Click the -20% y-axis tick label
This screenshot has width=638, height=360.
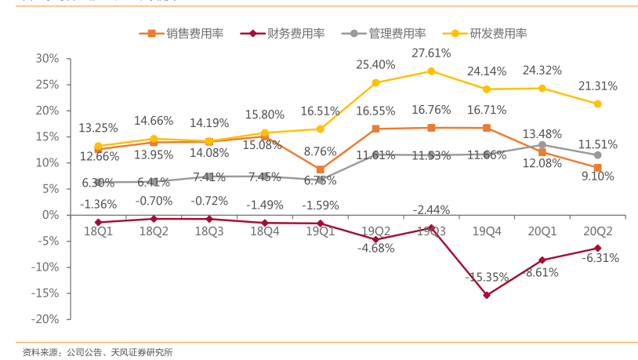coord(45,319)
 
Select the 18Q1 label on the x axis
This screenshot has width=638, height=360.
coord(98,231)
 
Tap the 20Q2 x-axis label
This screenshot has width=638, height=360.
coord(597,231)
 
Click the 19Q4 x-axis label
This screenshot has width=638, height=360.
coord(487,231)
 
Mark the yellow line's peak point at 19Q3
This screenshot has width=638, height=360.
coord(431,71)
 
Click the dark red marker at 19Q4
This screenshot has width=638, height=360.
coord(487,295)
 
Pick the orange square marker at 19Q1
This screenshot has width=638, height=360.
coord(320,169)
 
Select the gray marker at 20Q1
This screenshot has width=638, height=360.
coord(542,144)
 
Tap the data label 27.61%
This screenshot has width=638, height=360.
coord(431,53)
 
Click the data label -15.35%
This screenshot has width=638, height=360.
coord(487,277)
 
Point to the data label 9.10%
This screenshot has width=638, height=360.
coord(598,176)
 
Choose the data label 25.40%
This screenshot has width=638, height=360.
coord(375,65)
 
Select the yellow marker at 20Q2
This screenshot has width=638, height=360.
coord(598,104)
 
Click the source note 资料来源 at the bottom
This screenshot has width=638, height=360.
coord(98,352)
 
